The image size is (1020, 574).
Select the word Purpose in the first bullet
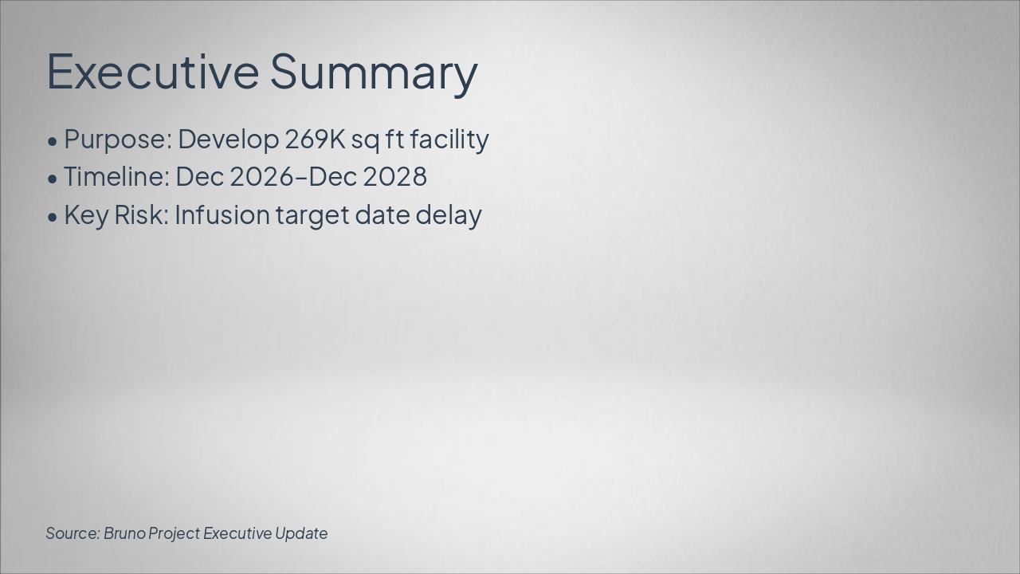[x=117, y=140]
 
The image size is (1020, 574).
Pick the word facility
[x=449, y=140]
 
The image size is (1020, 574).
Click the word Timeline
[x=116, y=177]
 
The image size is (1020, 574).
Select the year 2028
[x=394, y=177]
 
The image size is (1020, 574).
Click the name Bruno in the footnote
[x=124, y=533]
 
